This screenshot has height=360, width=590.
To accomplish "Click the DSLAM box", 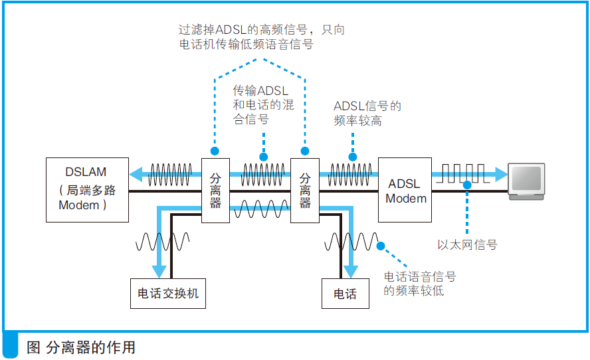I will coord(86,189).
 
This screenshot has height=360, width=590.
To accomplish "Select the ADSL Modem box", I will coord(405,190).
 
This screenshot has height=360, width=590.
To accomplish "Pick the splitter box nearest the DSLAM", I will coord(215,190).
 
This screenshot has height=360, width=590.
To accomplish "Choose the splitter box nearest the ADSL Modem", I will coord(305,190).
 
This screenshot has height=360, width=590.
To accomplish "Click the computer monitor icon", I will coord(526,180).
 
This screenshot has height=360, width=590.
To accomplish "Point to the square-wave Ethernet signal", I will coord(458,175).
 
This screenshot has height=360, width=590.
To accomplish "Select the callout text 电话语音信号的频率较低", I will coord(420,284).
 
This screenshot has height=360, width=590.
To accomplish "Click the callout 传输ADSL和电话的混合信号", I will coord(263,104).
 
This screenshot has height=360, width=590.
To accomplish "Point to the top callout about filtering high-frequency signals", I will coord(262,37).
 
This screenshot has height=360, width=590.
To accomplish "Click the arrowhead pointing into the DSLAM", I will coord(136,175).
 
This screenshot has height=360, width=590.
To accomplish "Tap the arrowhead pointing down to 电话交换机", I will coord(159,272).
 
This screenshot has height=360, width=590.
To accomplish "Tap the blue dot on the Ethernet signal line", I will coord(468,185).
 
